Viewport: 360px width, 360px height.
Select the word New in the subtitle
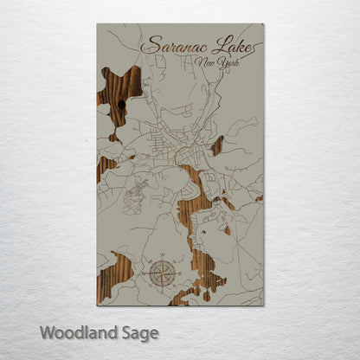[204, 62]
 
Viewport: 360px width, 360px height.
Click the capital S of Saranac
[152, 45]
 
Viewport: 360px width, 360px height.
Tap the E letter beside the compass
[178, 275]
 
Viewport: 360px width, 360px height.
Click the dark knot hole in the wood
[120, 105]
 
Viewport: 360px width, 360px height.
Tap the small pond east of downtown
[216, 145]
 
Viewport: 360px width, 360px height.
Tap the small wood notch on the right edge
[259, 198]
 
